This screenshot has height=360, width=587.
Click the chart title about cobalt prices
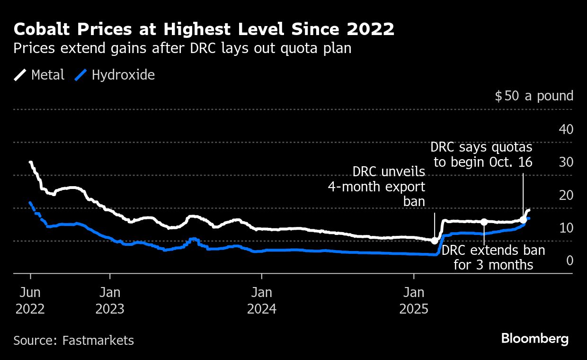tap(204, 29)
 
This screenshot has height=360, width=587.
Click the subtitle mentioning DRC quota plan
tap(182, 48)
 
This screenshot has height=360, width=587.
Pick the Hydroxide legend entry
tap(115, 75)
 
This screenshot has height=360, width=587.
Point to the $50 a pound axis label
tap(534, 96)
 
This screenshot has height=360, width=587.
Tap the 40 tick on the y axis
tap(566, 129)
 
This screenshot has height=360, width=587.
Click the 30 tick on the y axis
tap(566, 162)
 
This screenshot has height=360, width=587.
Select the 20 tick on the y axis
tap(566, 195)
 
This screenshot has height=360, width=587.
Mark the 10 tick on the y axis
tap(566, 228)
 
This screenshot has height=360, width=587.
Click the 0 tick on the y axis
tap(569, 261)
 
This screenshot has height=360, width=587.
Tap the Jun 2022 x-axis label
tap(30, 300)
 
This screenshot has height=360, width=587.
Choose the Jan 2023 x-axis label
tap(110, 300)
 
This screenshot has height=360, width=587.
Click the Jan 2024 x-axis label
tap(262, 300)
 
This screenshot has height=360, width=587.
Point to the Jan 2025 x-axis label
tap(414, 300)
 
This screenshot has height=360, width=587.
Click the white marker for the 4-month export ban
tap(435, 241)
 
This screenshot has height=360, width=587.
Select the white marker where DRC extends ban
tap(484, 222)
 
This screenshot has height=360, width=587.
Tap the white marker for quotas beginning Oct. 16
tap(523, 219)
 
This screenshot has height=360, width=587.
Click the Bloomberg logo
tap(534, 339)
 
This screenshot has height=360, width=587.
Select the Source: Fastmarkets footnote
tap(73, 340)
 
